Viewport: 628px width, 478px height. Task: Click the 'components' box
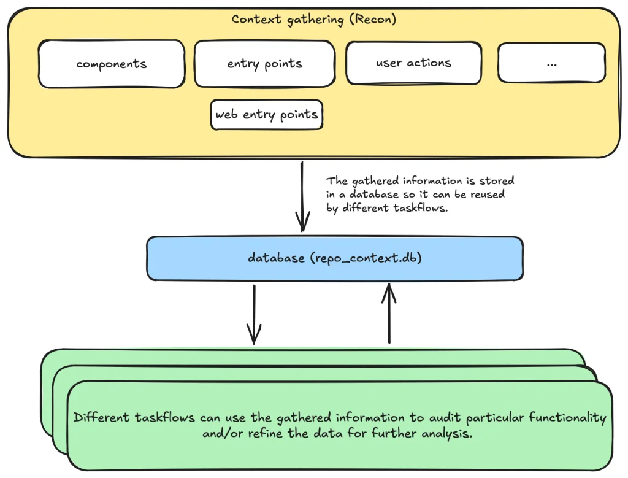pos(111,64)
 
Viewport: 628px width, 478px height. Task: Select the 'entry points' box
pos(264,64)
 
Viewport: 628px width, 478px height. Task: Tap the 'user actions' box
pos(413,63)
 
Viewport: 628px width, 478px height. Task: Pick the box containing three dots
pos(551,63)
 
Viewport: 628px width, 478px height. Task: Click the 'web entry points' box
pos(266,115)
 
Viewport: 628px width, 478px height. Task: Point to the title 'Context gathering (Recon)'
pos(313,19)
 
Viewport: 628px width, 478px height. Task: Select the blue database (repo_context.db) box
pos(334,258)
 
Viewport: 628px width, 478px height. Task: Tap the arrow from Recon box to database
pos(302,196)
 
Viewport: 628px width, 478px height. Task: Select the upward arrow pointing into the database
pos(389,313)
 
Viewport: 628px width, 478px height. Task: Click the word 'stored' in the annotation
pos(497,181)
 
